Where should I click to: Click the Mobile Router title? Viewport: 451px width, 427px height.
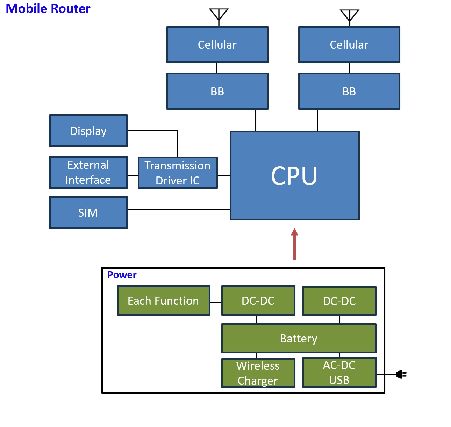click(x=48, y=9)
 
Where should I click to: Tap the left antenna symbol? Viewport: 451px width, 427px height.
click(x=219, y=15)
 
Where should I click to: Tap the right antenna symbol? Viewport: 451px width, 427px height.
click(x=349, y=16)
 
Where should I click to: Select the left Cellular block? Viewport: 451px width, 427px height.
click(x=217, y=45)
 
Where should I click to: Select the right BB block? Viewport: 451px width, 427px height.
click(x=349, y=92)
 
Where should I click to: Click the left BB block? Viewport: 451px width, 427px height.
click(x=217, y=92)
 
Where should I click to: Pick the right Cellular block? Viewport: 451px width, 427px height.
click(x=349, y=45)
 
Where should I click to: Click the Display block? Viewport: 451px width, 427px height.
click(x=88, y=131)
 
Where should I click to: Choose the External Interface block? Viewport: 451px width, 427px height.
click(x=88, y=173)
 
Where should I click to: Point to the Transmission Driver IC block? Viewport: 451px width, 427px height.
click(x=178, y=173)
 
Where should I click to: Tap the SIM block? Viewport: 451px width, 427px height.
click(x=88, y=213)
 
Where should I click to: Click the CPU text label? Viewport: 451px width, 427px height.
click(x=294, y=176)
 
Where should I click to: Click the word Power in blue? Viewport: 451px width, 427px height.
click(x=122, y=275)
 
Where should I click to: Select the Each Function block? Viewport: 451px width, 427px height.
click(x=163, y=301)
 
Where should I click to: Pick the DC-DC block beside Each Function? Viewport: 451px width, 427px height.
click(x=258, y=301)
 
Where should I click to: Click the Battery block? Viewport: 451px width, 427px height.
click(x=299, y=339)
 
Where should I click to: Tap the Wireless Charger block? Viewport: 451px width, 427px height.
click(x=258, y=373)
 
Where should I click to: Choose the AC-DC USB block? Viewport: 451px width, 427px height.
click(x=339, y=372)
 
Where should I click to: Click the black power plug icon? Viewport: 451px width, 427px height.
click(x=400, y=375)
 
